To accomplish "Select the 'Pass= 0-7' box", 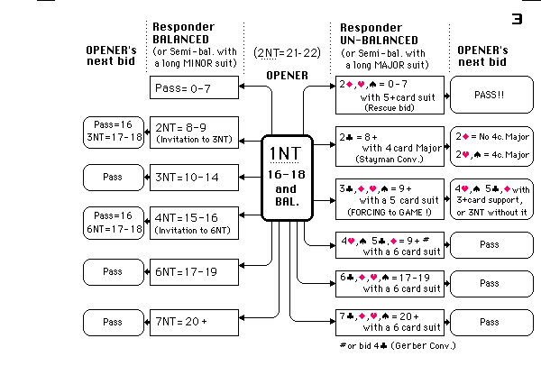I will point(194,87).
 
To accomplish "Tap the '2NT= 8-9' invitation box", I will point(194,133).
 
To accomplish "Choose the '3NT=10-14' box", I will point(194,177).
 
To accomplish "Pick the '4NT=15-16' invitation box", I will point(194,222).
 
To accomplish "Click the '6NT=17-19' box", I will point(194,270).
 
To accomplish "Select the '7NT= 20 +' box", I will point(194,320).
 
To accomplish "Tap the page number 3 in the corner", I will point(518,17).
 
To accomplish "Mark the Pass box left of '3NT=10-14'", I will point(112,177).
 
